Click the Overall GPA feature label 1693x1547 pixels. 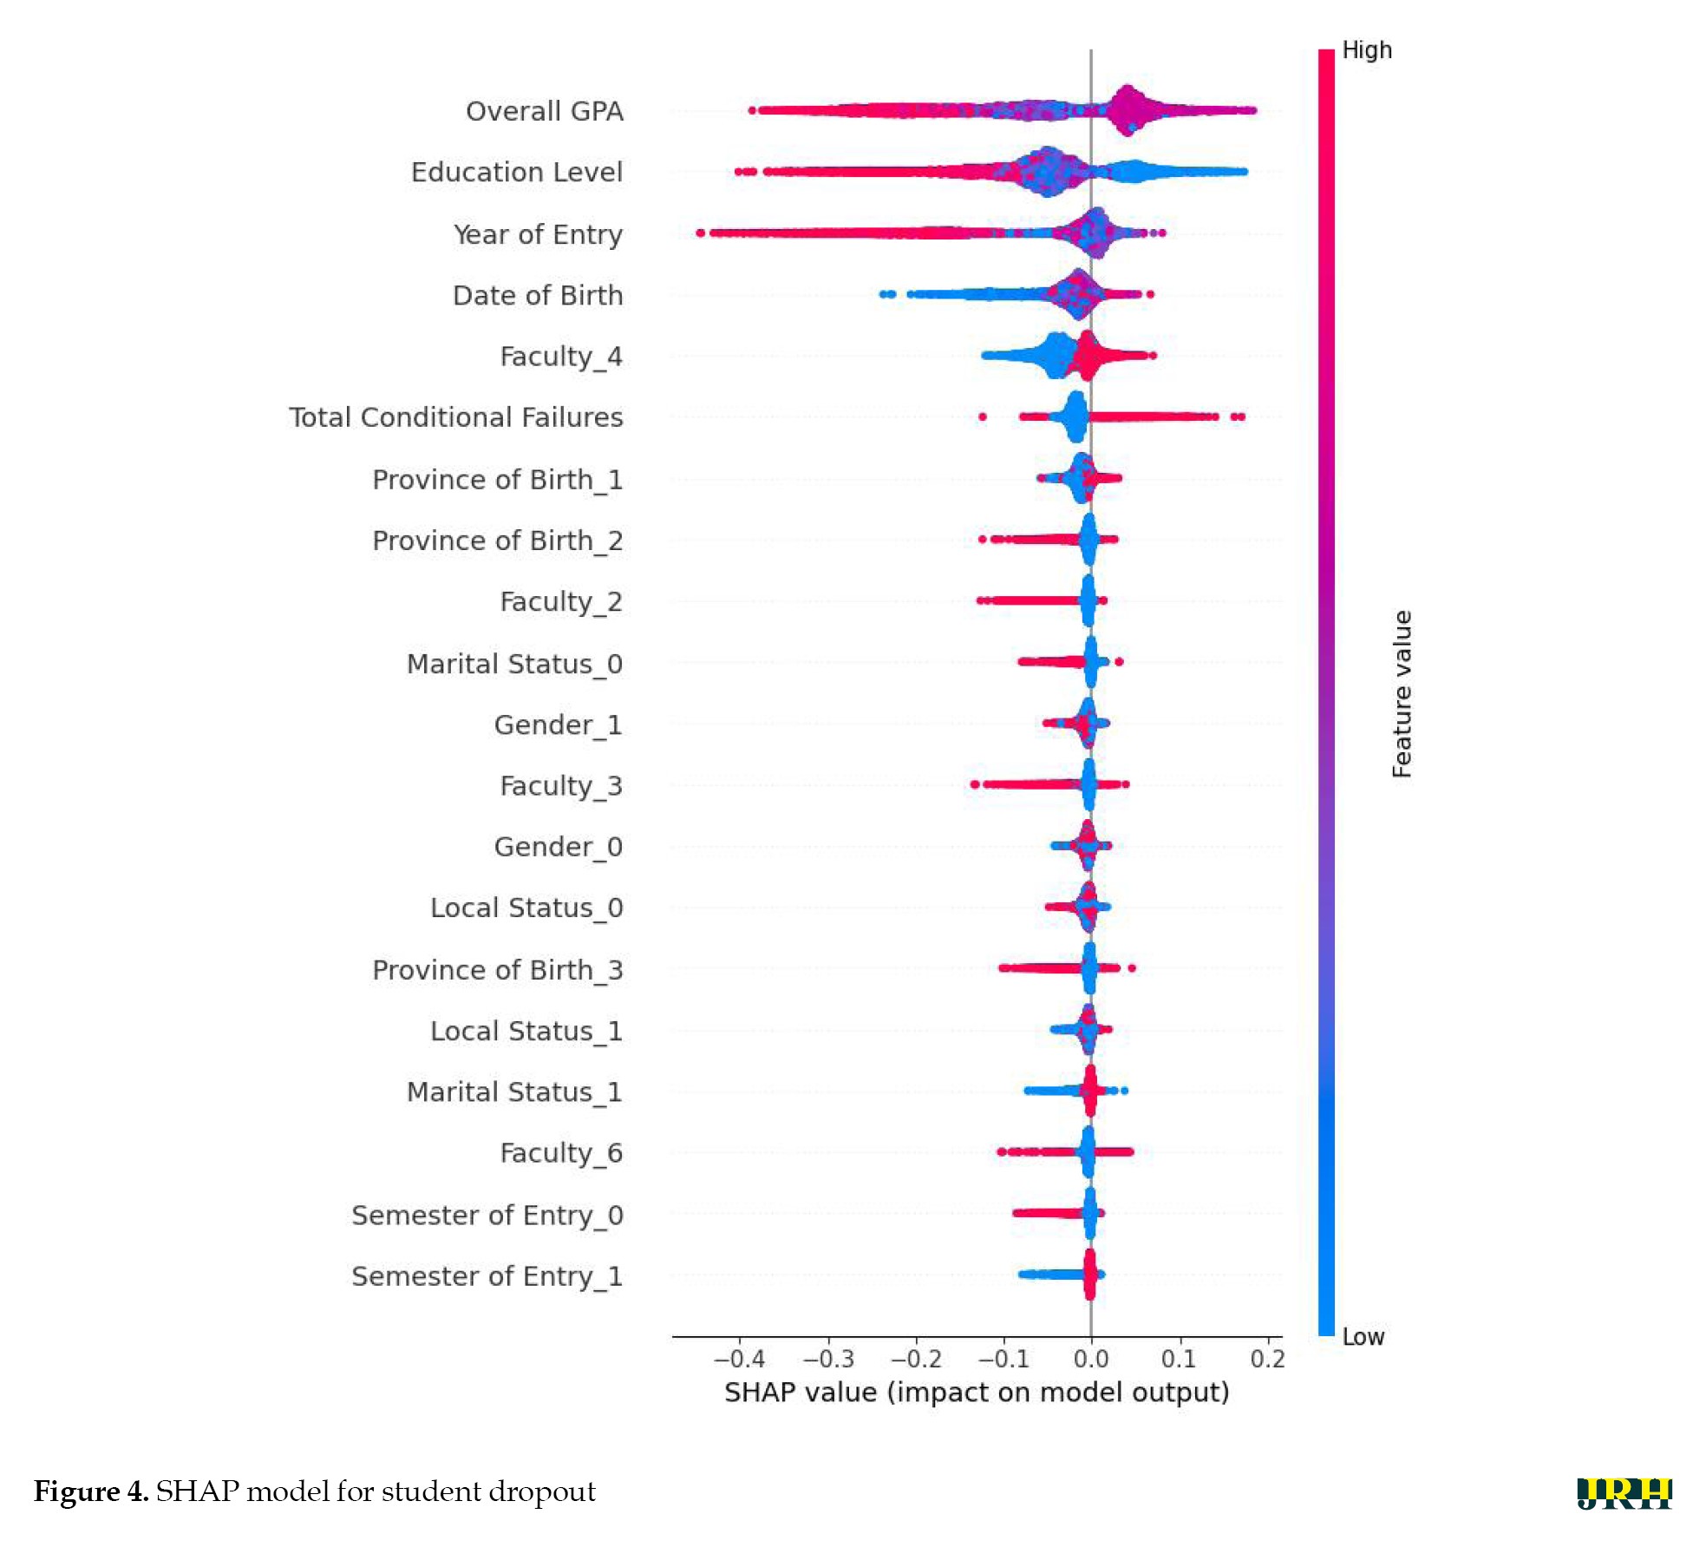(544, 112)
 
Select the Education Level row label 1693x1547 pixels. (516, 173)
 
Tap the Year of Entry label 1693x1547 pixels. (538, 234)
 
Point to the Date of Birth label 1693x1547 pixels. (538, 296)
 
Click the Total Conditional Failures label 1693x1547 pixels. (455, 417)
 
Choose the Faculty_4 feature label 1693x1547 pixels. (561, 357)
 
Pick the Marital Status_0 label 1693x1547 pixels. (514, 664)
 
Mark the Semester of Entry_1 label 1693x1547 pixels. (487, 1276)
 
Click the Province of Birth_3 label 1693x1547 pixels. (497, 970)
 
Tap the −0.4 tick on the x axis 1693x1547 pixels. (739, 1359)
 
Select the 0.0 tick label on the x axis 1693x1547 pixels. (1090, 1359)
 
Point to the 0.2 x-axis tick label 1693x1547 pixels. (1267, 1359)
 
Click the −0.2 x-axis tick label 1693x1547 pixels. (915, 1359)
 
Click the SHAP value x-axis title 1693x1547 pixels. (977, 1393)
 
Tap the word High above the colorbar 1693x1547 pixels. (1367, 50)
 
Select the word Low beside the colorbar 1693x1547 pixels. (1363, 1337)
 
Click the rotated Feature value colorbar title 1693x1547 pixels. (1402, 693)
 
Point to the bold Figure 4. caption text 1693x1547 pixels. (91, 1491)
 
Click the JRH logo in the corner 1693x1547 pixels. (1624, 1493)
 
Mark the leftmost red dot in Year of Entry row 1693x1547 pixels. (701, 233)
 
